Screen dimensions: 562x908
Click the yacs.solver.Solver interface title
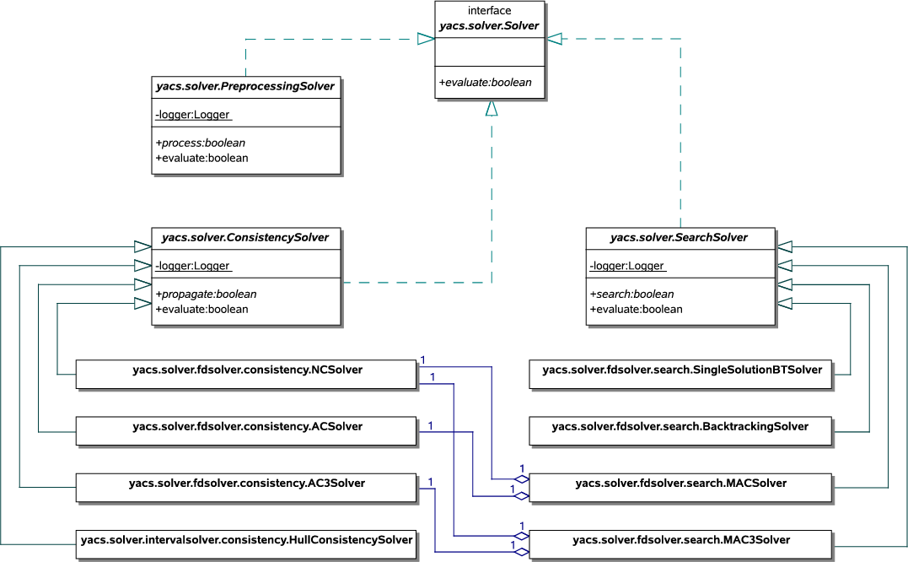click(x=489, y=25)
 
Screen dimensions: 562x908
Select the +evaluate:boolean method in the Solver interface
click(x=486, y=83)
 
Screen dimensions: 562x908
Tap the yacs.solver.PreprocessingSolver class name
click(x=245, y=86)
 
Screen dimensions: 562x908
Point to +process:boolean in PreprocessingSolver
click(x=201, y=143)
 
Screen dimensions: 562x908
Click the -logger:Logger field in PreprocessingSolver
click(x=193, y=115)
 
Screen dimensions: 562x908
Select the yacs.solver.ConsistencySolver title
click(x=245, y=238)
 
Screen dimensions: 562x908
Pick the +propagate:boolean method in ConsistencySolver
click(x=206, y=295)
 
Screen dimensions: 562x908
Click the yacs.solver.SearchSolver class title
click(x=679, y=238)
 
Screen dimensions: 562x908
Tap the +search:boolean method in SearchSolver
click(x=631, y=295)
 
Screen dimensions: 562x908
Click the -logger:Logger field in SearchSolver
click(x=627, y=267)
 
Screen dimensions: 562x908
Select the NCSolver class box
click(x=247, y=374)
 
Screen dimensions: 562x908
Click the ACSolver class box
click(x=247, y=430)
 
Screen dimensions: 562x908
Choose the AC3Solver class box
click(x=247, y=487)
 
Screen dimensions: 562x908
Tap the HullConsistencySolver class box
click(x=247, y=543)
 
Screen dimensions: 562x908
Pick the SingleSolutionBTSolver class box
click(x=680, y=374)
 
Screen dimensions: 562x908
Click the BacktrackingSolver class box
click(x=680, y=430)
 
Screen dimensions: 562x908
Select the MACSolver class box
click(x=680, y=487)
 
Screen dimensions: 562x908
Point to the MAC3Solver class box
click(x=680, y=543)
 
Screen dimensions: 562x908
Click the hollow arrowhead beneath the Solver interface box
click(x=492, y=108)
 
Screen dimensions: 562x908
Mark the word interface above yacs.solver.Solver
click(x=489, y=11)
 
